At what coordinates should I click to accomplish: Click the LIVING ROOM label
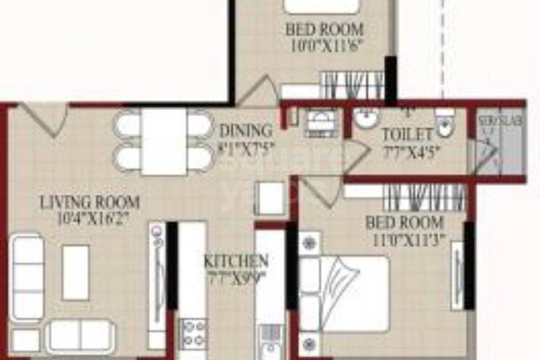point(90,202)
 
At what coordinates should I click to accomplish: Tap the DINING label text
point(246,131)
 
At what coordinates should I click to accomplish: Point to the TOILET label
point(407,134)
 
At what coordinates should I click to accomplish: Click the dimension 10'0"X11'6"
point(325,44)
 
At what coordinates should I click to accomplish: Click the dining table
point(164,141)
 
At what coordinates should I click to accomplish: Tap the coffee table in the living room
point(75,272)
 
